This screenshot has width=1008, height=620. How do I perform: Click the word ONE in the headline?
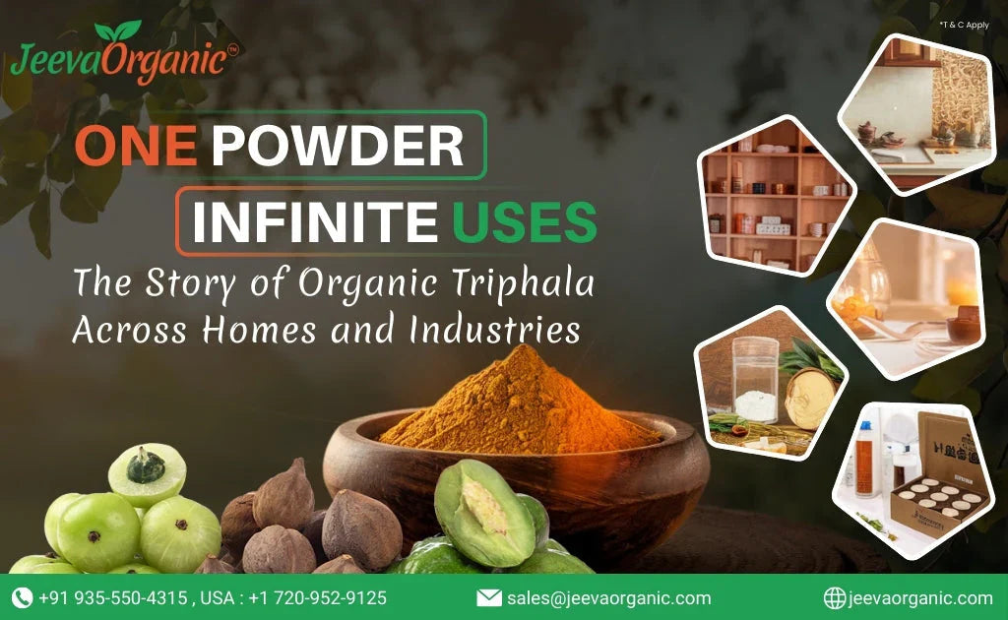coord(136,146)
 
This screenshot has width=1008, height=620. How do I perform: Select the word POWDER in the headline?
coord(337,146)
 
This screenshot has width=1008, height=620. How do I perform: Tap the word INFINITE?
coord(314,221)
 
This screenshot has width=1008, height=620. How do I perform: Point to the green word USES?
coord(525,221)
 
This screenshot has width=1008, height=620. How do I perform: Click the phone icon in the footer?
coord(22,597)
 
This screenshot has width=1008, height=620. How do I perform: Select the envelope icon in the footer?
coord(488,597)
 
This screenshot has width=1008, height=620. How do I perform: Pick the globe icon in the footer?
coord(834,597)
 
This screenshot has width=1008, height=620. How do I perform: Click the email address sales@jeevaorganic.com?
coord(608,597)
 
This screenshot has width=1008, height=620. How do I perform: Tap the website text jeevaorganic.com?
coord(919,597)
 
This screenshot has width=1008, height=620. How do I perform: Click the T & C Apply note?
coord(964,24)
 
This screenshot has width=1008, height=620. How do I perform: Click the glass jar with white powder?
coord(756,379)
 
